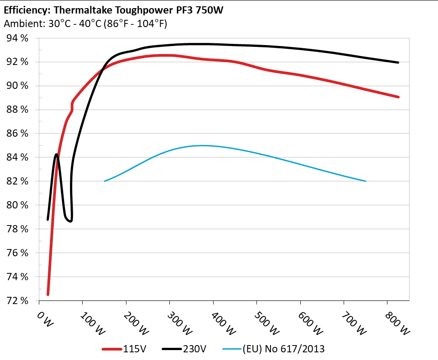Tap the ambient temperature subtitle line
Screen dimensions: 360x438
click(x=85, y=24)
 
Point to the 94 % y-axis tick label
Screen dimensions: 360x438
click(x=17, y=38)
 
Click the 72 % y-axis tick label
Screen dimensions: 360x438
click(x=17, y=300)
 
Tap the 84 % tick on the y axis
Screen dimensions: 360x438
click(x=17, y=157)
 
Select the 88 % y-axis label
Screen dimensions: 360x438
click(x=17, y=110)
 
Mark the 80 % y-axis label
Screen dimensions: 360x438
click(x=17, y=205)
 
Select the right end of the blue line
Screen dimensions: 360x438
click(x=365, y=181)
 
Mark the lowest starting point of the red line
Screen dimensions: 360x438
click(x=48, y=294)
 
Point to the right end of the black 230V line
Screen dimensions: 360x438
click(x=398, y=62)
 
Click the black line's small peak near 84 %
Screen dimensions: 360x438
click(x=56, y=154)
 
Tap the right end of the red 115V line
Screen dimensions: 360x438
click(x=398, y=97)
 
